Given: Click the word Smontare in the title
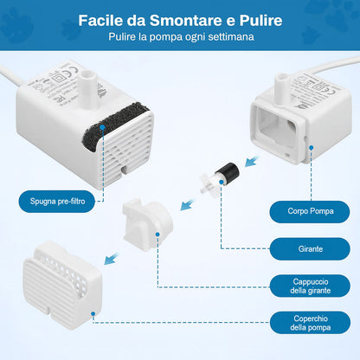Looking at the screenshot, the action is pyautogui.click(x=186, y=21).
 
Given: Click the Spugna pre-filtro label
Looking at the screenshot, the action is pyautogui.click(x=57, y=202).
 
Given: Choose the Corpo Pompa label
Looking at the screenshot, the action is pyautogui.click(x=310, y=211).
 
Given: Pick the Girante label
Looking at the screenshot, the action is pyautogui.click(x=310, y=248).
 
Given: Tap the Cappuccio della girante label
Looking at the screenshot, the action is pyautogui.click(x=310, y=286).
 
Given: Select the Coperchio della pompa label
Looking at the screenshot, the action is pyautogui.click(x=310, y=323).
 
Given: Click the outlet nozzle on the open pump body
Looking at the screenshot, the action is pyautogui.click(x=281, y=87).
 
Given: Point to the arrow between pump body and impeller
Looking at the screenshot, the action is pyautogui.click(x=252, y=161).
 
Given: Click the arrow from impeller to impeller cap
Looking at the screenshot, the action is pyautogui.click(x=188, y=203).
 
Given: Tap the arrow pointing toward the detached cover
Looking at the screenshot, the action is pyautogui.click(x=111, y=259).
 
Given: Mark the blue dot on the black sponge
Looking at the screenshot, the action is pyautogui.click(x=102, y=127).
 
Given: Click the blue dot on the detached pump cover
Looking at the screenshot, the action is pyautogui.click(x=93, y=313).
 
